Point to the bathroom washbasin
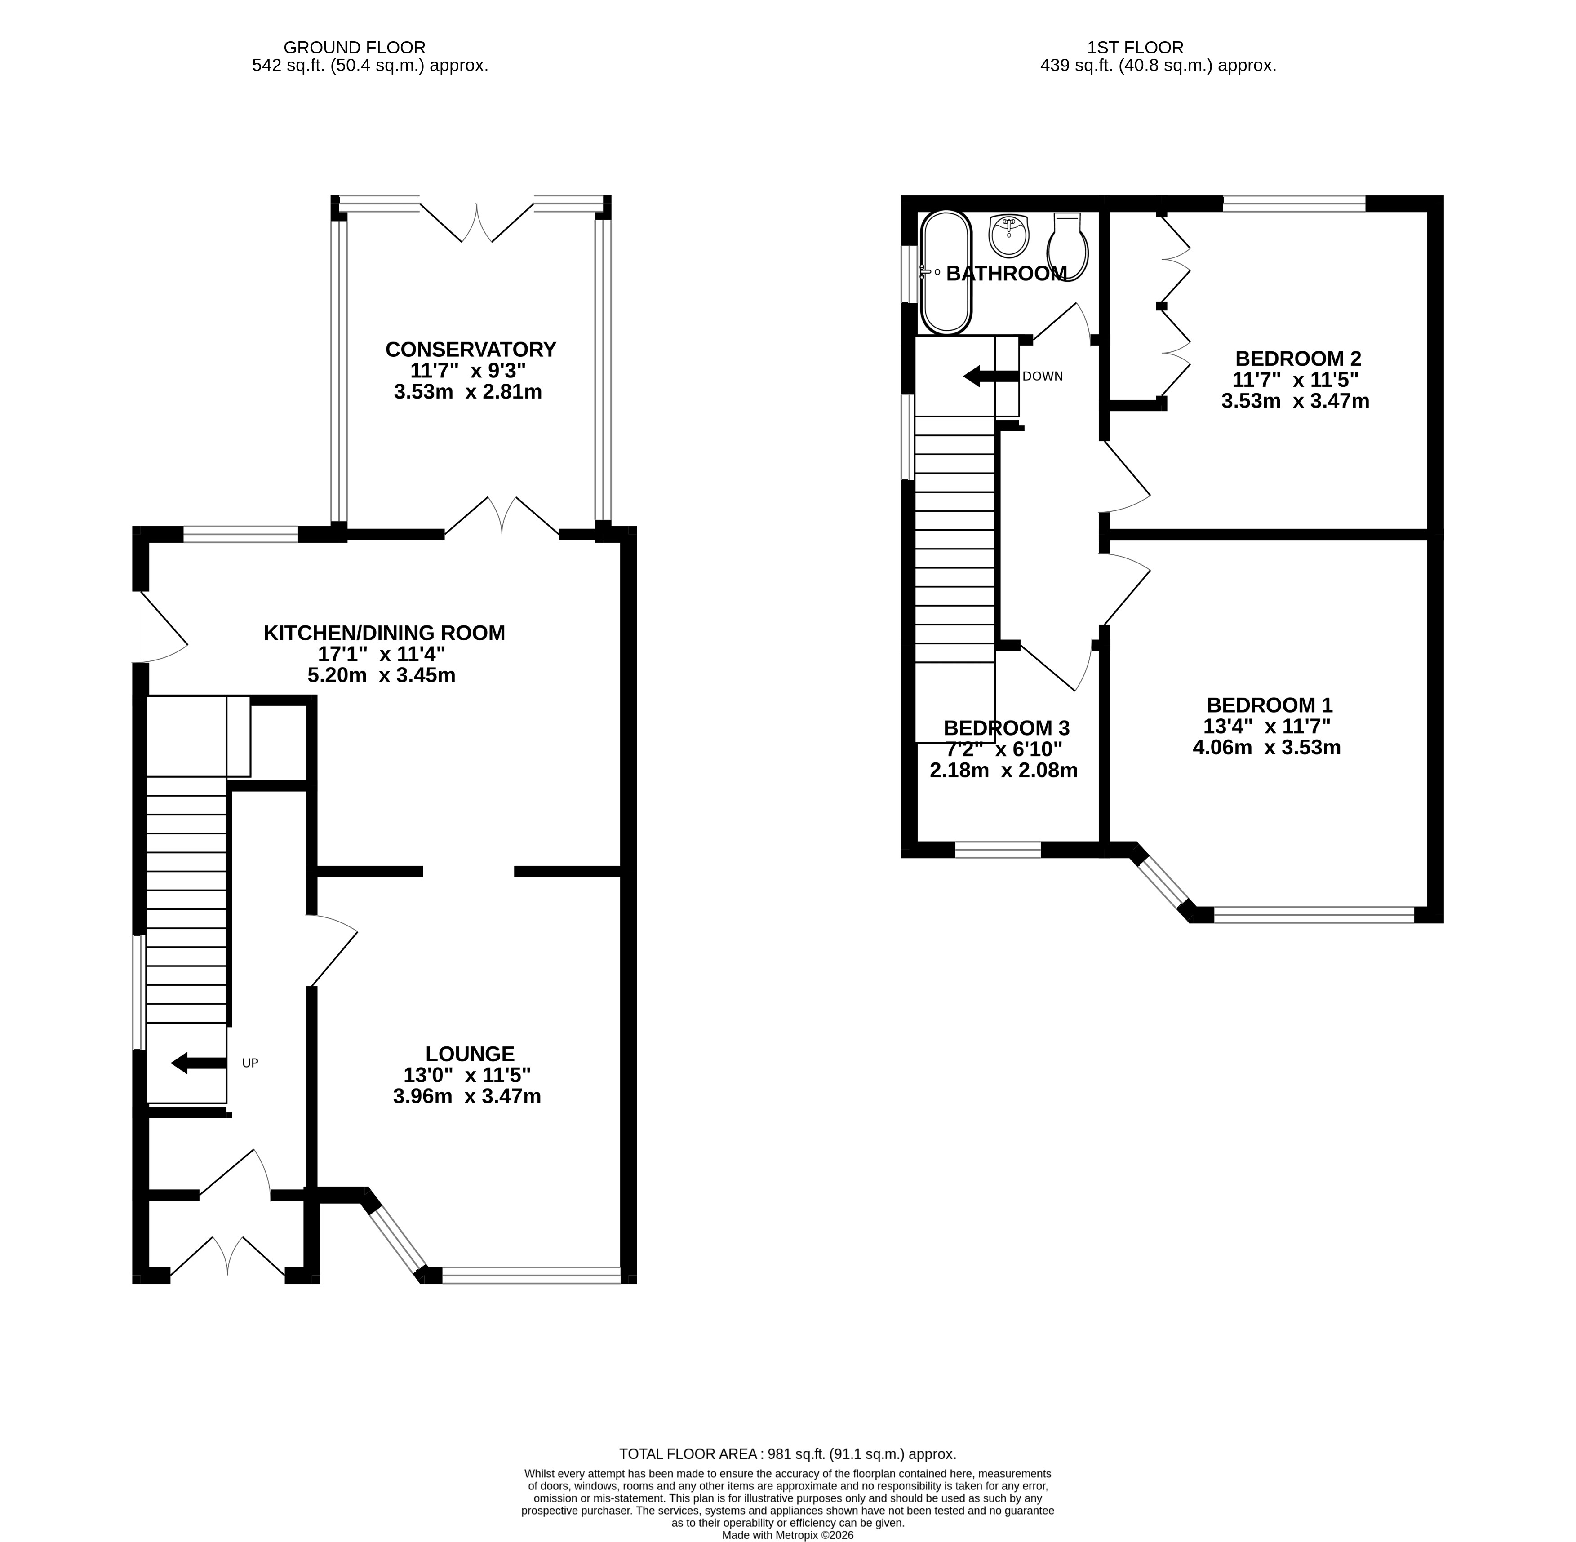[1009, 235]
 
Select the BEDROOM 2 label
[1297, 358]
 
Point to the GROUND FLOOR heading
[355, 48]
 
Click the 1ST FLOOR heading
[1136, 48]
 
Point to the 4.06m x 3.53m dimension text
[1267, 748]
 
